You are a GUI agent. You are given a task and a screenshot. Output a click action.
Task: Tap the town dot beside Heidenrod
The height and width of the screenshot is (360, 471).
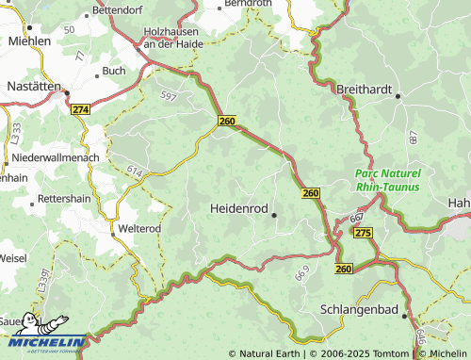tap(274, 216)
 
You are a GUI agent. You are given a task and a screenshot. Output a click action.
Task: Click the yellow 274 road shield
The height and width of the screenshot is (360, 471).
tap(80, 109)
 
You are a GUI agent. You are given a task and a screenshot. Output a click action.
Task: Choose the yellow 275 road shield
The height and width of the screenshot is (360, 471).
tap(364, 232)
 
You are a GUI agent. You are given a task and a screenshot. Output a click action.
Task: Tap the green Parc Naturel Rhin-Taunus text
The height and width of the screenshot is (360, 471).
tap(388, 180)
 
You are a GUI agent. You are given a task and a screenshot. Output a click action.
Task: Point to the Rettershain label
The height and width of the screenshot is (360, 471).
tap(67, 200)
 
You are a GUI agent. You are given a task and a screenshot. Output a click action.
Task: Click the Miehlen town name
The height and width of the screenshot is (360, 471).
tap(29, 41)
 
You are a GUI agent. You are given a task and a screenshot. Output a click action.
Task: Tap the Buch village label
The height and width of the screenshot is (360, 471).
tap(113, 71)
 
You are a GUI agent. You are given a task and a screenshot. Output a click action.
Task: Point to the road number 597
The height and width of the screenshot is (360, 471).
tap(169, 95)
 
